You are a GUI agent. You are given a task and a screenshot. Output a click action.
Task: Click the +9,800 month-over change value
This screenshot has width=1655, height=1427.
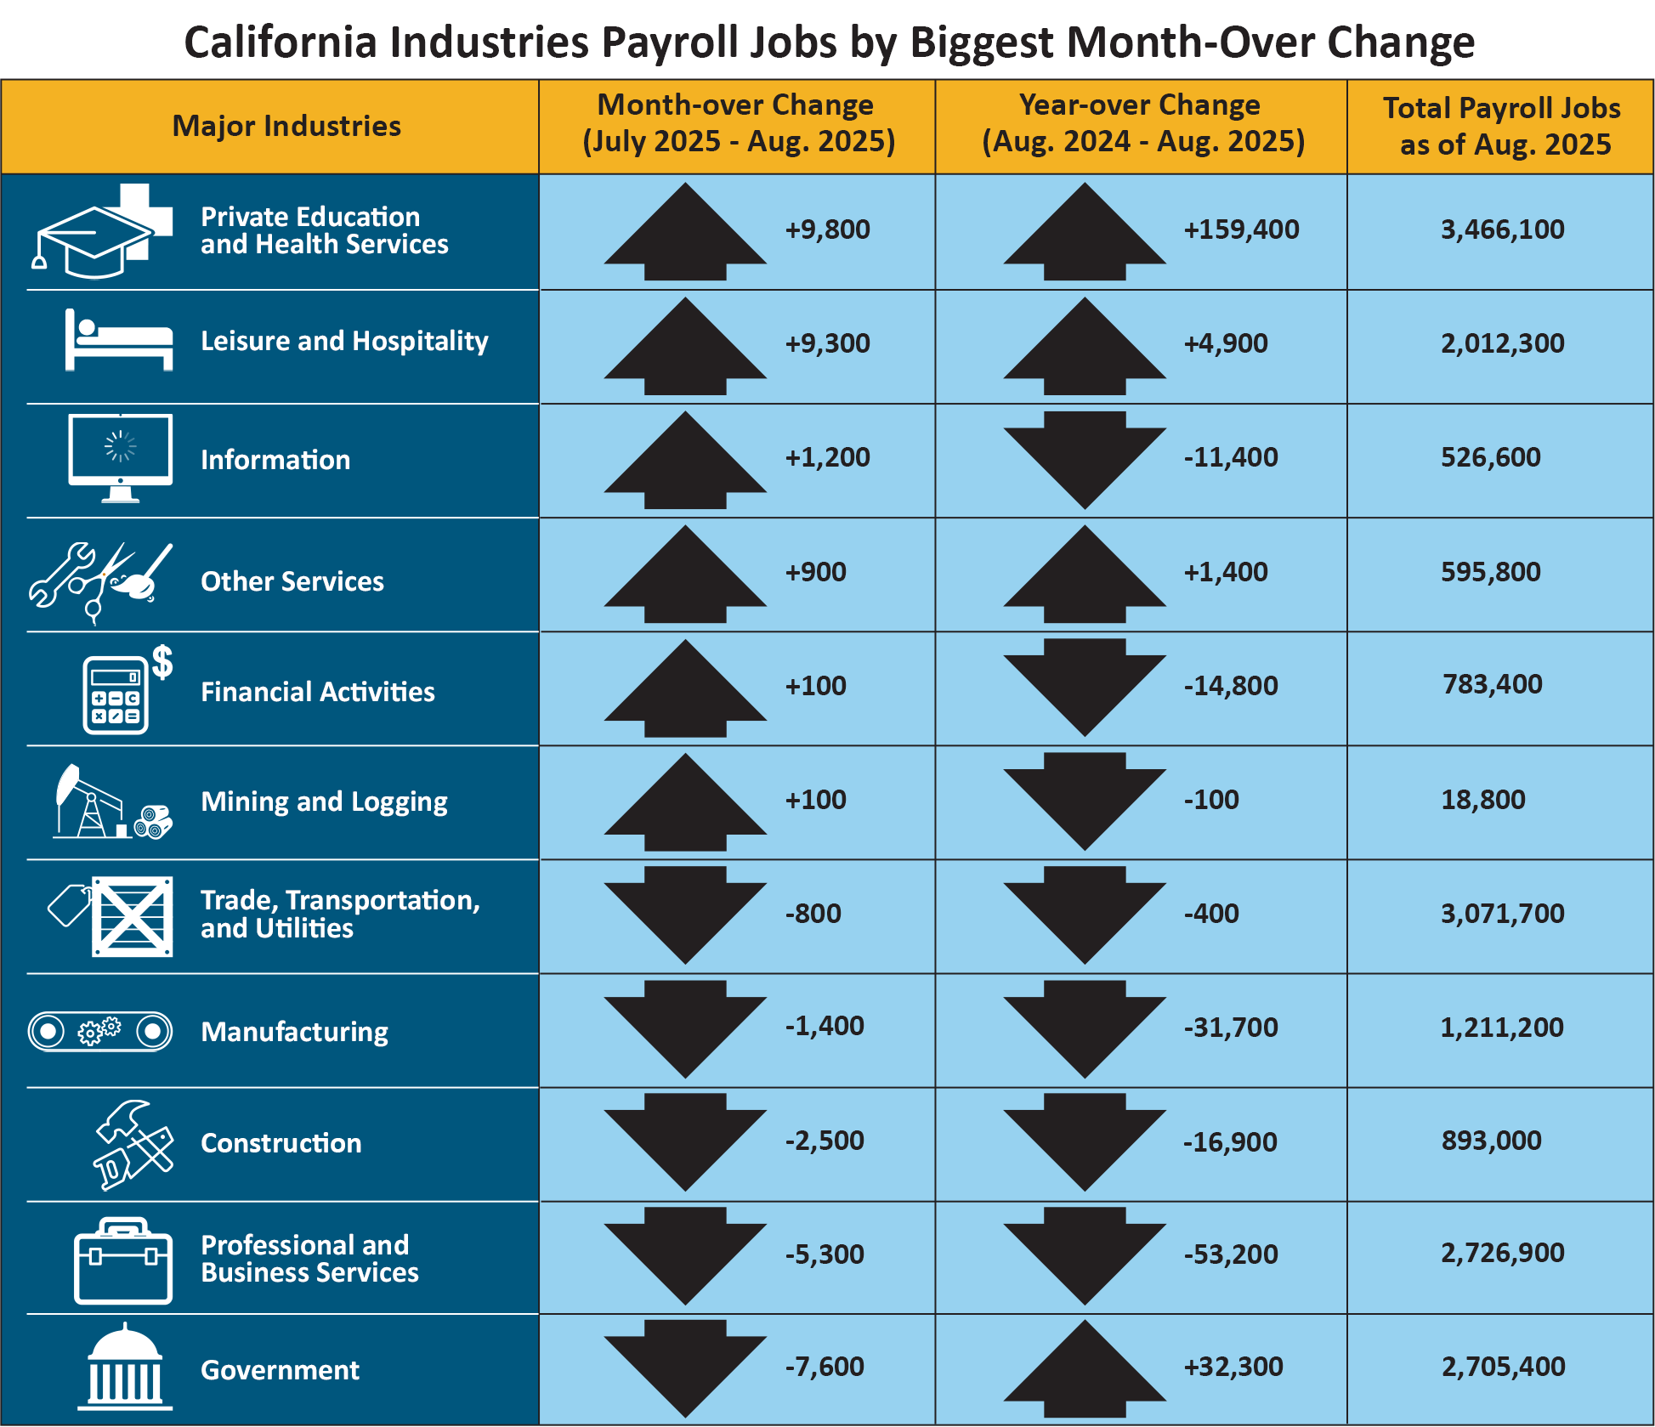827,229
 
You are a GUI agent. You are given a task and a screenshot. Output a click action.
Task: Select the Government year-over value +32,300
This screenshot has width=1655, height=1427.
1233,1367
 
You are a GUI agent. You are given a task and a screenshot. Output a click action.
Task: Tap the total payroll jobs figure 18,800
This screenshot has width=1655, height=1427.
1482,800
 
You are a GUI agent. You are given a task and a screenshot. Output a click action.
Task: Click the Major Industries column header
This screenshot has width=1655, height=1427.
286,126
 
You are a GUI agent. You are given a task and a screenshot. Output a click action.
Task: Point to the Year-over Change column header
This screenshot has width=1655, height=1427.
1142,123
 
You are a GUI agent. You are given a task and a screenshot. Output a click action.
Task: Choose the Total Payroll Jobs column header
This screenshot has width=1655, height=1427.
1501,126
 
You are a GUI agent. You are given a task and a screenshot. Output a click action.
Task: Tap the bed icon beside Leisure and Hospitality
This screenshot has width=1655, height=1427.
118,341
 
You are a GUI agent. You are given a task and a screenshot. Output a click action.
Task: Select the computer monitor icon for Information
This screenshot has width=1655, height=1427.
121,456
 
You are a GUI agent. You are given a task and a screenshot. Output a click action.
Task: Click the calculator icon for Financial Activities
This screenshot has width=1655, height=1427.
116,694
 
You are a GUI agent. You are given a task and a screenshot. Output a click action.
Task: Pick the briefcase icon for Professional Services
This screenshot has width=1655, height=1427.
123,1262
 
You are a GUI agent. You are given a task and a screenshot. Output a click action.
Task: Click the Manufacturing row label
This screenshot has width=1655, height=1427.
294,1032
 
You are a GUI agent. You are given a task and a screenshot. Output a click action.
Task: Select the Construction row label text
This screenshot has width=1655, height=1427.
281,1143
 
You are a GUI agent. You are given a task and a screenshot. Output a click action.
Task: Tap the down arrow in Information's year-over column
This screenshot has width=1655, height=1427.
1085,460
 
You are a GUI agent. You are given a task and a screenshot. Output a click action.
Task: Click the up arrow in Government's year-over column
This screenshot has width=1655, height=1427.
1085,1368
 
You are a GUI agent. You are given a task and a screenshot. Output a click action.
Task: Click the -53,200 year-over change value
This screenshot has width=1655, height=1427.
1230,1254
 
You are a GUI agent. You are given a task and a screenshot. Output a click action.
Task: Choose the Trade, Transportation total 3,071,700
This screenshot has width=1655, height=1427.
1502,914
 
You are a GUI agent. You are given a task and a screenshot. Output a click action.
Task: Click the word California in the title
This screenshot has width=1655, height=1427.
280,42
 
